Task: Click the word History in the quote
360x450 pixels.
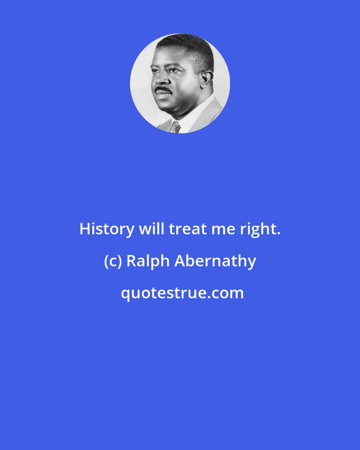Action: click(x=107, y=229)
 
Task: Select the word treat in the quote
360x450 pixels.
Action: click(x=188, y=229)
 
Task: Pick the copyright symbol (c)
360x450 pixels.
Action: click(x=113, y=261)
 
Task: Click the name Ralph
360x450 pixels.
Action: click(x=148, y=261)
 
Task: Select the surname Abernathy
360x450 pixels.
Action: click(x=216, y=261)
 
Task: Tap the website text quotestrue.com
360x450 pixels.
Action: click(x=182, y=293)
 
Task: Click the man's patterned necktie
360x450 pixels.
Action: click(x=175, y=127)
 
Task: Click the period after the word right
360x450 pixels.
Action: click(x=278, y=234)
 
